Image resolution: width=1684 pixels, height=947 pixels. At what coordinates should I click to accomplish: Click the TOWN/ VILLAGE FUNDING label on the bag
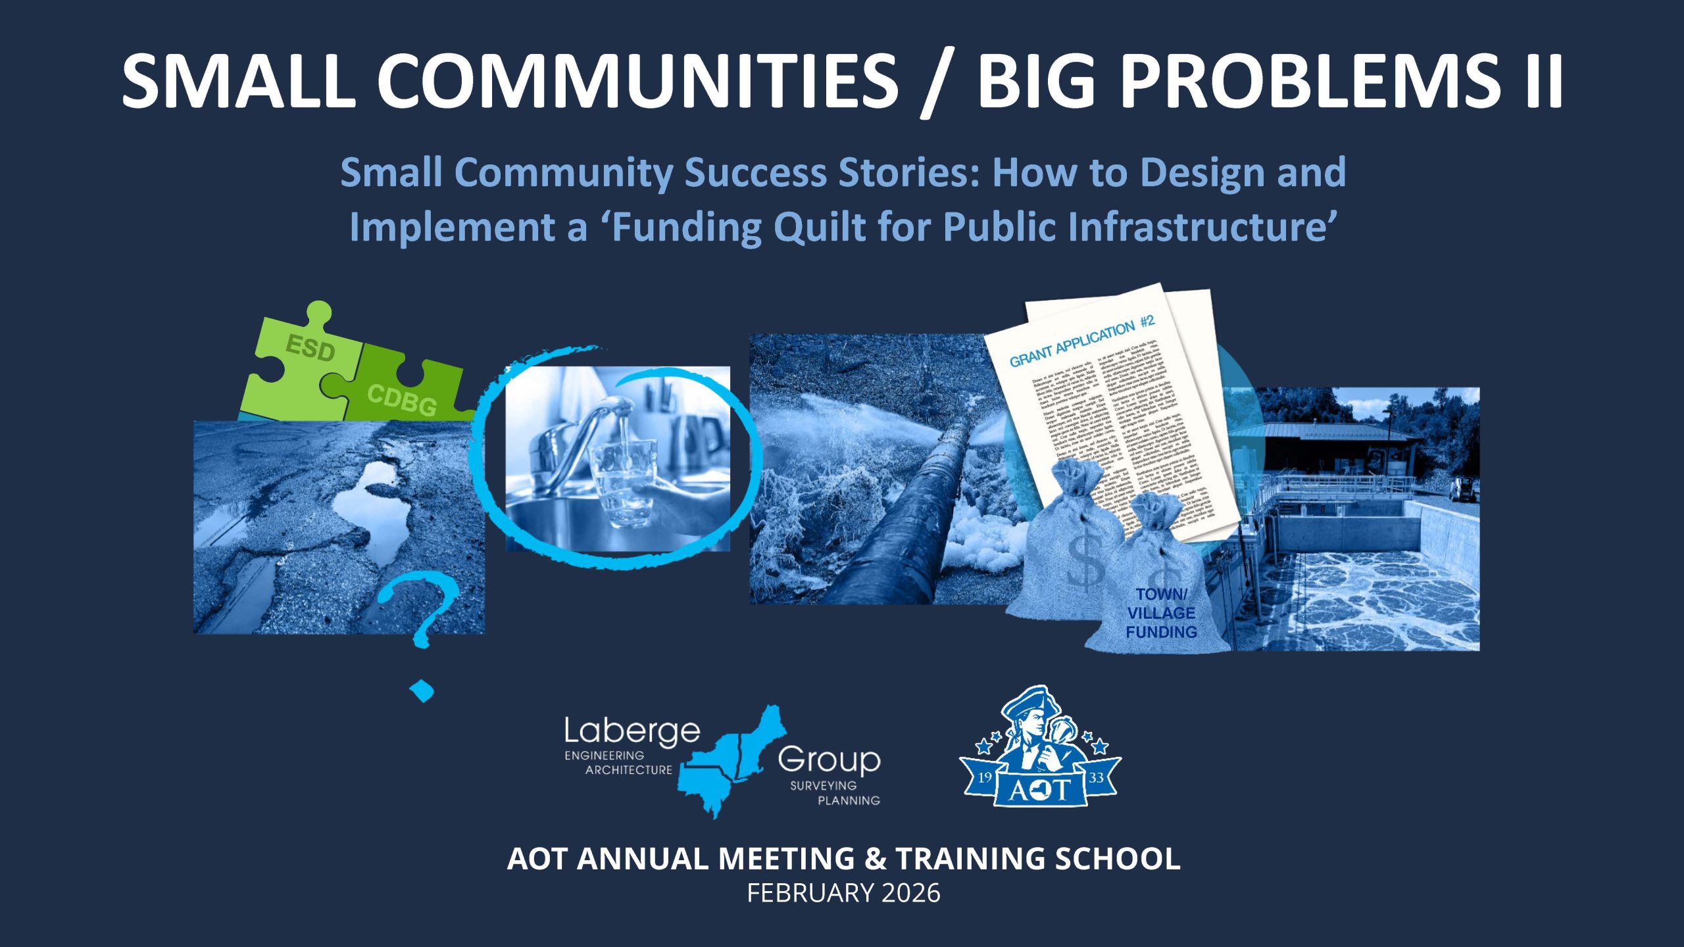coord(1161,613)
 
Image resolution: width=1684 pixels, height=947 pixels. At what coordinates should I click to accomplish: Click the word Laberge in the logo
coord(631,731)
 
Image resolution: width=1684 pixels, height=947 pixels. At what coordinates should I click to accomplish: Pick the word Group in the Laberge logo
coord(829,760)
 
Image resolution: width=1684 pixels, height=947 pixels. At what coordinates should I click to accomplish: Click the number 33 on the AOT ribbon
coord(1096,777)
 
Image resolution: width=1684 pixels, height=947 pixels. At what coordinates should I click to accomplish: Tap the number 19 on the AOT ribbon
coord(985,777)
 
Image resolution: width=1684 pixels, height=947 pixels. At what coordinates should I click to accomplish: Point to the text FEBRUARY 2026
coord(843,893)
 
